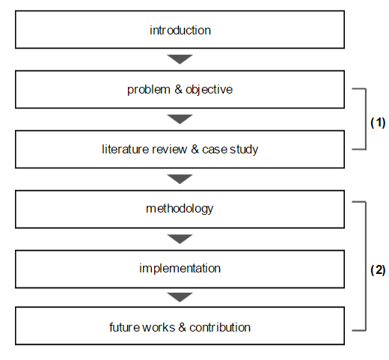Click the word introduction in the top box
click(180, 30)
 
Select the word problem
click(149, 90)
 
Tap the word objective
click(209, 90)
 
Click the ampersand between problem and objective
click(178, 89)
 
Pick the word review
click(169, 149)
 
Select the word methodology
click(180, 209)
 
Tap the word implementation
click(180, 269)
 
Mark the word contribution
click(220, 327)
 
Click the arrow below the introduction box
click(180, 59)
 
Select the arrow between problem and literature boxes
click(180, 119)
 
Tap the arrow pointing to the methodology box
click(180, 179)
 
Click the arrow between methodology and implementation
click(180, 239)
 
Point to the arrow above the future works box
click(180, 297)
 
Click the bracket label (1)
click(378, 123)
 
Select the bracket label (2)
click(378, 270)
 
